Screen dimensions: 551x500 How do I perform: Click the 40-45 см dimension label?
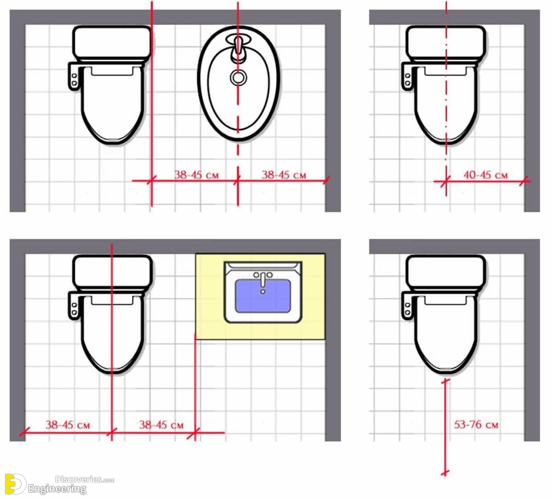tap(485, 175)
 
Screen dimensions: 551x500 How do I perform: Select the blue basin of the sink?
tap(263, 296)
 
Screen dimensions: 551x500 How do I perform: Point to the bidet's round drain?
tap(238, 78)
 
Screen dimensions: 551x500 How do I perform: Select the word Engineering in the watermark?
tap(57, 489)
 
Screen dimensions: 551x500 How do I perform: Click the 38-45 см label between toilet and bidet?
tap(197, 175)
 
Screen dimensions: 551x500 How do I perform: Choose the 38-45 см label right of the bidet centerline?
tap(284, 175)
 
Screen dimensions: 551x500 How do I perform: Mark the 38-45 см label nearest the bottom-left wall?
tap(67, 425)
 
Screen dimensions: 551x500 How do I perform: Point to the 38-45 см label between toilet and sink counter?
tap(161, 425)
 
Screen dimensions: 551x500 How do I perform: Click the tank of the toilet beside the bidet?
tap(112, 44)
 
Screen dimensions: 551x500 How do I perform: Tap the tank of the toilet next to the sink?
tap(112, 273)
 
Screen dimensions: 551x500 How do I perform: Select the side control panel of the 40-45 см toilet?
tap(406, 76)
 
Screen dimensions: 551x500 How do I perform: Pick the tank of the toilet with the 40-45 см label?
tap(446, 44)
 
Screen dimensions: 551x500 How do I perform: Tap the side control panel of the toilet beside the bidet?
tap(73, 76)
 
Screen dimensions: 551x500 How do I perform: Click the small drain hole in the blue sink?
tap(263, 292)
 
